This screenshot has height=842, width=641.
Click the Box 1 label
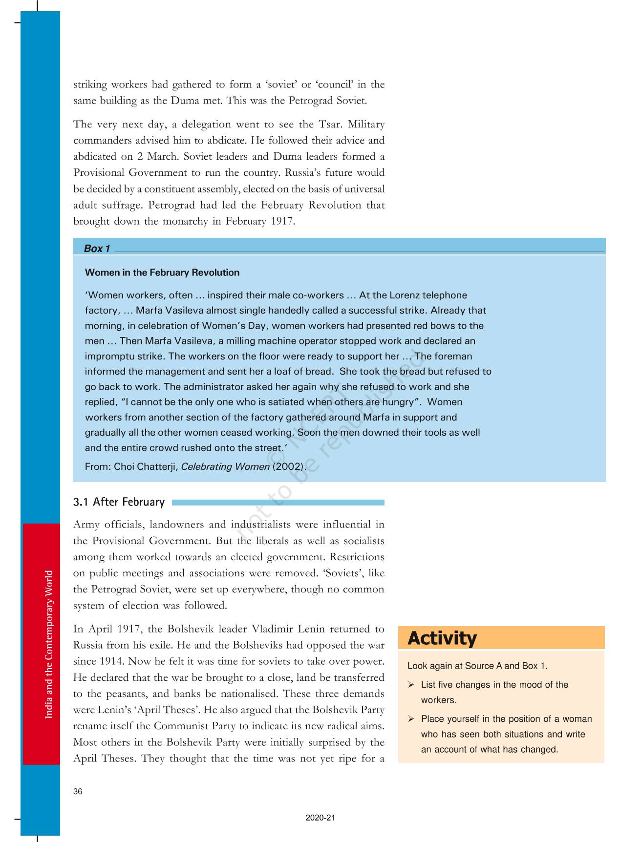97,249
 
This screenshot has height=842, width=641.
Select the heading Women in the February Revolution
162,273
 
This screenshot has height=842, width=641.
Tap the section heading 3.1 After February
119,502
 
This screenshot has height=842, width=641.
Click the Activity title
442,638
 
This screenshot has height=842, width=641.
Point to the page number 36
78,792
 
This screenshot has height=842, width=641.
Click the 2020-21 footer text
320,818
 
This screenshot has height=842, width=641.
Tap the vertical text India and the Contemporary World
49,645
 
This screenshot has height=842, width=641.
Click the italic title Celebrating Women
225,466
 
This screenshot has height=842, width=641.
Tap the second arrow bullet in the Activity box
411,719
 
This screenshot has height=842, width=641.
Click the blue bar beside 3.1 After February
278,503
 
